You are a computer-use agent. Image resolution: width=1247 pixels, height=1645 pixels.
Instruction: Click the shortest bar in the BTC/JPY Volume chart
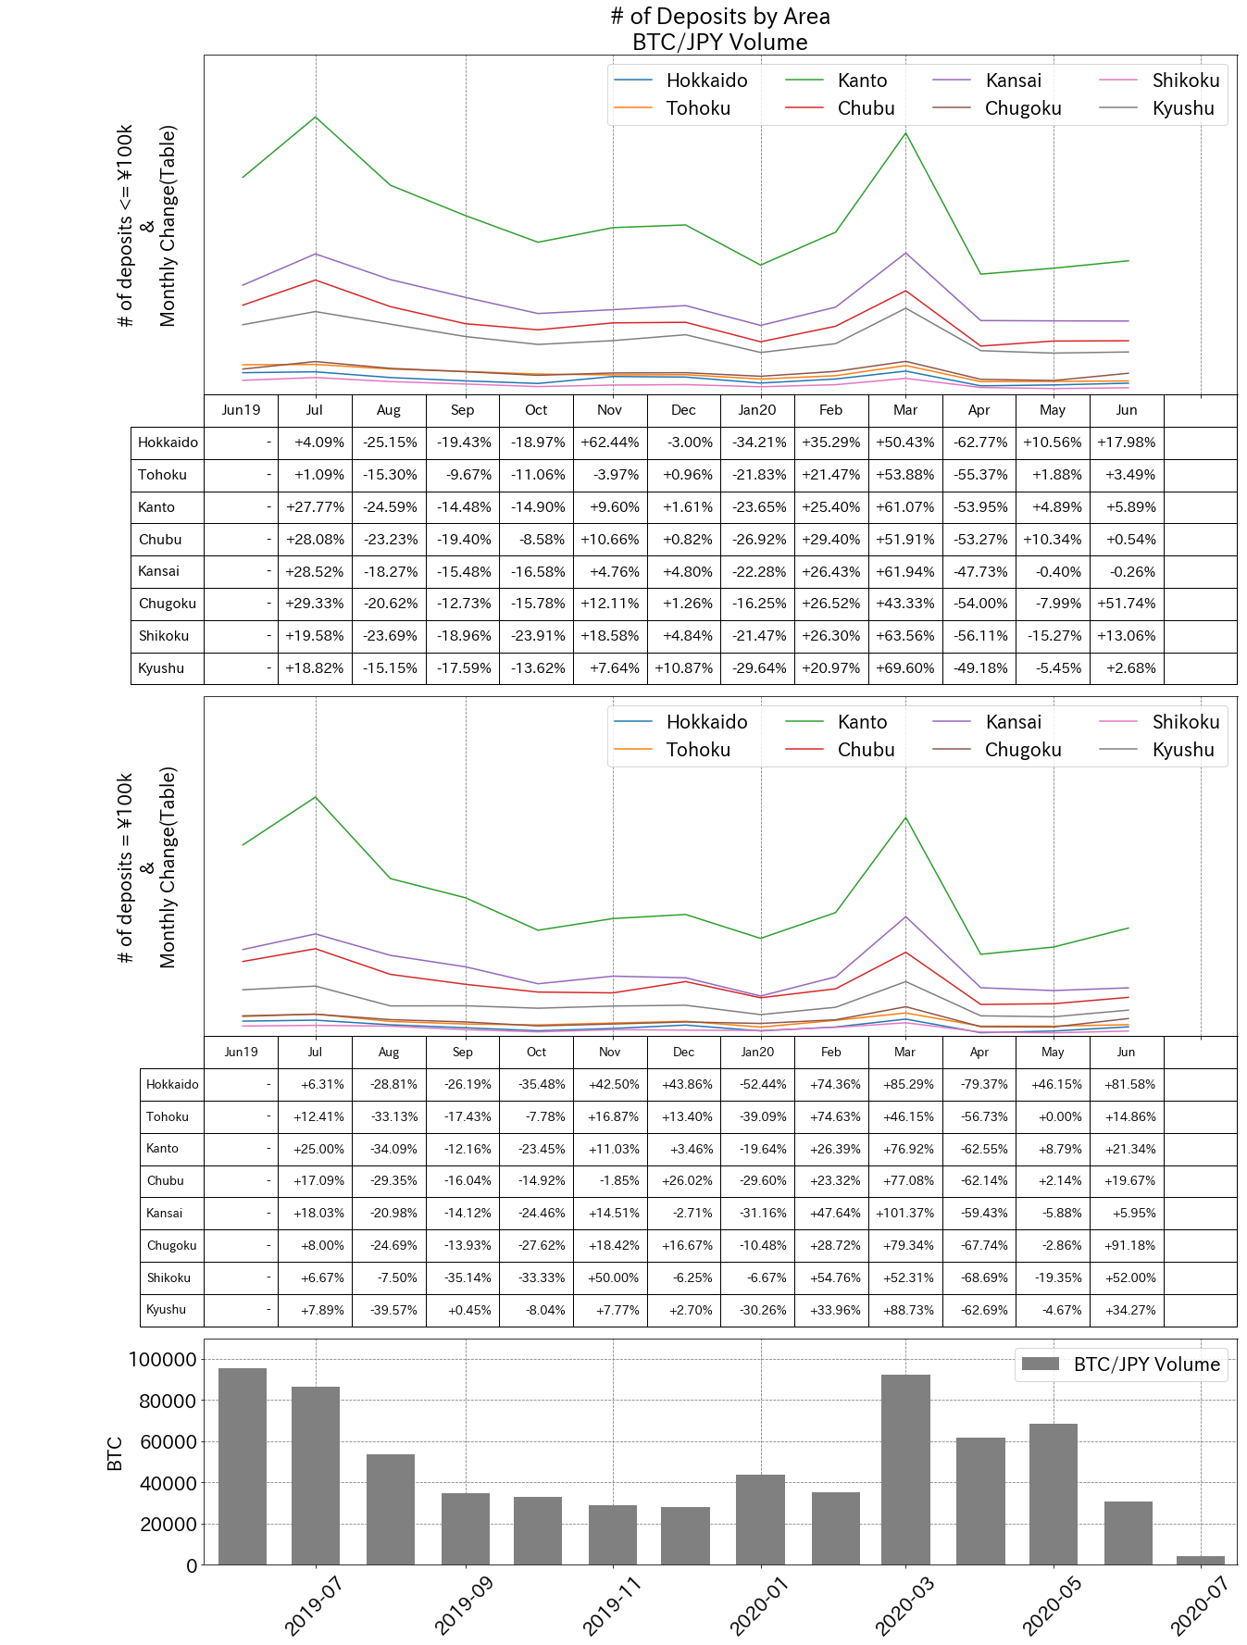point(1200,1560)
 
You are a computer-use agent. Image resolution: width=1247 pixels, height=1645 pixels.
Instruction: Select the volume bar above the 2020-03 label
point(905,1469)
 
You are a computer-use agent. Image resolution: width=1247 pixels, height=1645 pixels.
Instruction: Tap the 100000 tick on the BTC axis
point(163,1360)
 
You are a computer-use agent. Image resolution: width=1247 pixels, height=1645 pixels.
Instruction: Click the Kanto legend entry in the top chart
point(862,81)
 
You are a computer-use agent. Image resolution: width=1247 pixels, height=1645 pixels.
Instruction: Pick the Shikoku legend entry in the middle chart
point(1185,722)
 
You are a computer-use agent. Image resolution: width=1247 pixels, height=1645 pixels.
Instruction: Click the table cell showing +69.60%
point(904,668)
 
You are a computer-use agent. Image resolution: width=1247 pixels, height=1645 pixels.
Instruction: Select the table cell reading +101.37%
point(904,1213)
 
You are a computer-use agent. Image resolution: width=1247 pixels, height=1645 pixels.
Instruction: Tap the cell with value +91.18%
point(1126,1245)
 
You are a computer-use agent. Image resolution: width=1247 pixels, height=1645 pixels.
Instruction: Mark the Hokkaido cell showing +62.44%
point(609,442)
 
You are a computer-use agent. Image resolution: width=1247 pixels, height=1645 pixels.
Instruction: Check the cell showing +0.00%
point(1053,1116)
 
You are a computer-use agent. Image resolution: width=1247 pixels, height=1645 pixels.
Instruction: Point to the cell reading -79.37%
point(979,1084)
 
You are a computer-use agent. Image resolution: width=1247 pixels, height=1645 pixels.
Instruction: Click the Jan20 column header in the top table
point(757,410)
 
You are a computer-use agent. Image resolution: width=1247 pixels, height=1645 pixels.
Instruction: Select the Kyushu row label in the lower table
point(167,1310)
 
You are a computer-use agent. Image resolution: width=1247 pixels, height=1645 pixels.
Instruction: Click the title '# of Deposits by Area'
point(719,17)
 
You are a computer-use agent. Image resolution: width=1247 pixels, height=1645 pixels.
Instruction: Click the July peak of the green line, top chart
point(316,117)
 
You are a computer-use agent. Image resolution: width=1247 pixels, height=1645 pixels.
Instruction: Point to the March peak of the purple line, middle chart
point(905,916)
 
